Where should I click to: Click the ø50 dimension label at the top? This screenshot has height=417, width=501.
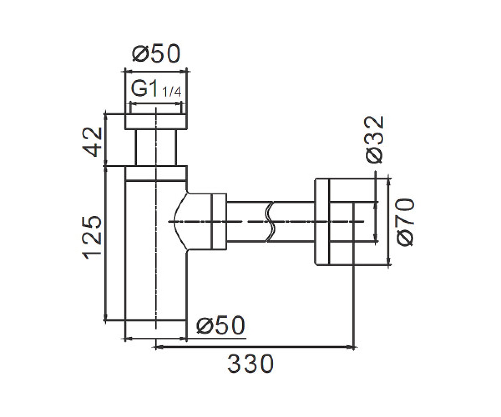click(156, 54)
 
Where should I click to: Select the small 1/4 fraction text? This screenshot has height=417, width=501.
click(172, 92)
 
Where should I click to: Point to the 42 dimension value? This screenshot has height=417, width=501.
click(92, 142)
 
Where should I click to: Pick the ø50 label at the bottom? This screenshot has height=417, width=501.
click(220, 325)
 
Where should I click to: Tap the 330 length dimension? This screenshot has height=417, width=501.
click(250, 364)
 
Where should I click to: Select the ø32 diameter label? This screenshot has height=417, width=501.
click(375, 140)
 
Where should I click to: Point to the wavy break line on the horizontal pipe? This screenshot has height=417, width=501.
click(271, 222)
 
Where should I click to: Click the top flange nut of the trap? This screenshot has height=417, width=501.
click(156, 122)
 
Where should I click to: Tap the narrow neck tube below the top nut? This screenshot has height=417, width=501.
click(156, 148)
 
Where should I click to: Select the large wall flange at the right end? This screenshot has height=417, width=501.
click(322, 222)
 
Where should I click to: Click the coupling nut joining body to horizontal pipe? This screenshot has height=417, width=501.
click(219, 222)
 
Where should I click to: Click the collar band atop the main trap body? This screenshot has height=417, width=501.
click(156, 173)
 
